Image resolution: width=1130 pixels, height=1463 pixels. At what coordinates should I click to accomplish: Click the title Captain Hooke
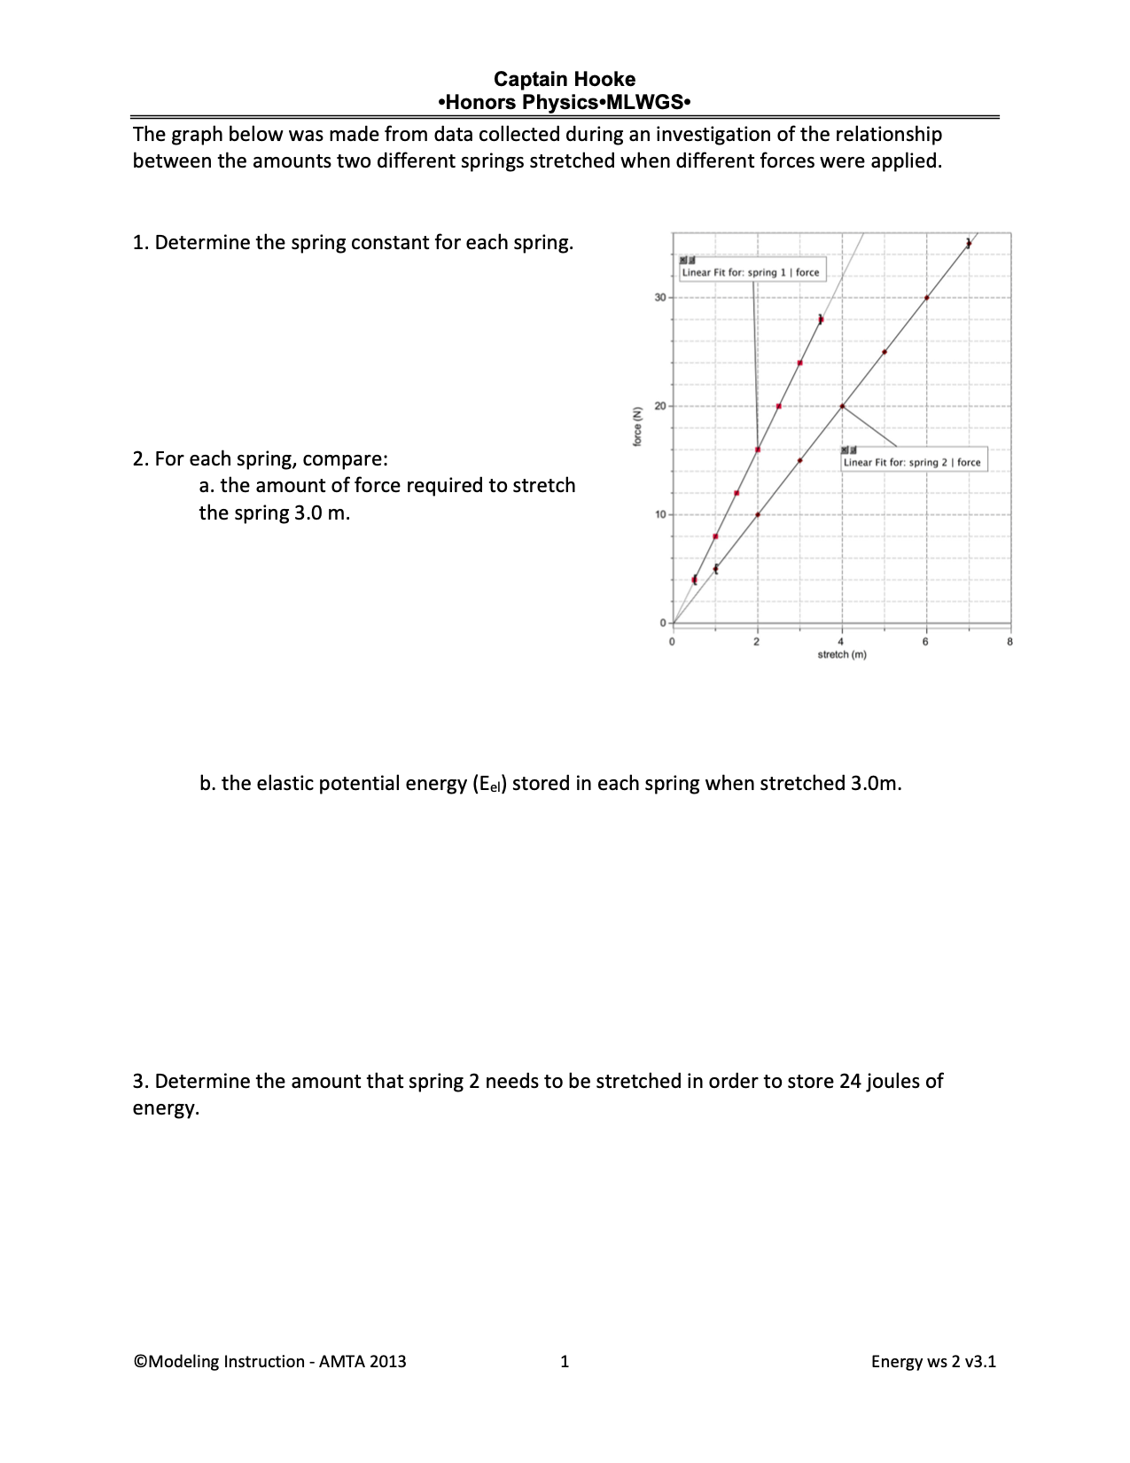click(565, 79)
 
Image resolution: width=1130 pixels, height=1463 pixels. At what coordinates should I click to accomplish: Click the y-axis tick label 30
click(659, 298)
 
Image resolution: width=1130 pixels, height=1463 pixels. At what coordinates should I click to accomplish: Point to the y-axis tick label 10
click(659, 515)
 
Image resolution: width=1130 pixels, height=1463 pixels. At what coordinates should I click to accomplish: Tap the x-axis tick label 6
click(925, 642)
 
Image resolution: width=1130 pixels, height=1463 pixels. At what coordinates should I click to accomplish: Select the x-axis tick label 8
click(1009, 642)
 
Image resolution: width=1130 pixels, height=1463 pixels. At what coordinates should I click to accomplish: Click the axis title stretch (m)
click(841, 655)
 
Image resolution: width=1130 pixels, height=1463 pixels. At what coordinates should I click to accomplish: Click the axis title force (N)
click(637, 426)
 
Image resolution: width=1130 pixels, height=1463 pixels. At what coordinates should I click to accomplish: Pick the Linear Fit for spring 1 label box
click(752, 272)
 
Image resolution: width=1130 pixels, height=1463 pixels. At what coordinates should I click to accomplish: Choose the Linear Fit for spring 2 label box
click(913, 462)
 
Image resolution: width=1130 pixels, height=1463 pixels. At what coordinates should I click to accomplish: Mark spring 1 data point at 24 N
click(799, 363)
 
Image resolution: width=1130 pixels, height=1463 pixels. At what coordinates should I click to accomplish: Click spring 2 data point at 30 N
click(926, 298)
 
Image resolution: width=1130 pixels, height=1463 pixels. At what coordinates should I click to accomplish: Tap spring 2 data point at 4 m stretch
click(842, 406)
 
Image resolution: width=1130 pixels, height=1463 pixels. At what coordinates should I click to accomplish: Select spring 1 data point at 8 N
click(715, 536)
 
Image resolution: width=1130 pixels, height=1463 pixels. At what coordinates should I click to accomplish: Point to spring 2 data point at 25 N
click(885, 352)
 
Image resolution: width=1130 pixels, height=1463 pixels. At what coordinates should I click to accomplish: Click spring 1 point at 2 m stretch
click(758, 450)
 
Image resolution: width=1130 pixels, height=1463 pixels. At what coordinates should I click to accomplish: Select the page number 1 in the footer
click(565, 1362)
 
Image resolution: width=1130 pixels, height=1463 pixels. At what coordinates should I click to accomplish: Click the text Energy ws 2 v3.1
click(933, 1362)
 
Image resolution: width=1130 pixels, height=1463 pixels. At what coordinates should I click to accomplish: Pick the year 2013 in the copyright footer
click(387, 1362)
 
